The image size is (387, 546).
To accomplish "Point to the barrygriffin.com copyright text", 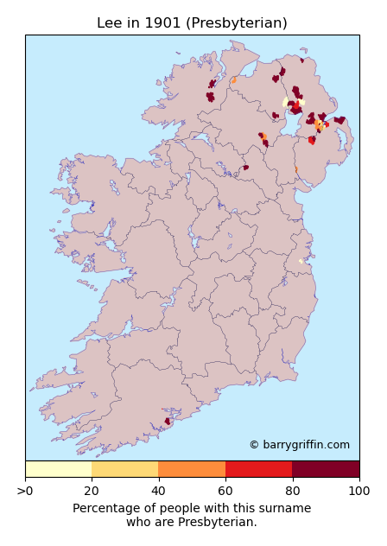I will tap(299, 445).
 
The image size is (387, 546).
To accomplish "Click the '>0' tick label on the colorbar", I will tap(26, 492).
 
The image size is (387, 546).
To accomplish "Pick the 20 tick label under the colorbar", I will tap(92, 492).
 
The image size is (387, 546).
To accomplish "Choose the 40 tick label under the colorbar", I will tap(158, 492).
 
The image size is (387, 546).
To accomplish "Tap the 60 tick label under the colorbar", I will tap(225, 492).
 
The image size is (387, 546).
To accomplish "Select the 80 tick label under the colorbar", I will tap(292, 492).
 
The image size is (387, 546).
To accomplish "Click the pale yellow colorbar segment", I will tap(58, 469).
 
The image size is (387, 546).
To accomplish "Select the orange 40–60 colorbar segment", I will tap(192, 469).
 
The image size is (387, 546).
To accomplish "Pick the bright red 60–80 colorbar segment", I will tap(258, 469).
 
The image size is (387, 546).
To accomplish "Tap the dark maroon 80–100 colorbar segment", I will tap(326, 469).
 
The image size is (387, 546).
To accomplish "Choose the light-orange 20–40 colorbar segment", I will tap(124, 469).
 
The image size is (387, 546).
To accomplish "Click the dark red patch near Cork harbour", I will tap(168, 422).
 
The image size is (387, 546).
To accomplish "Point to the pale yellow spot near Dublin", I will tap(301, 261).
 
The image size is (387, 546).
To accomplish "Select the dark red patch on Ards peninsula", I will tap(340, 120).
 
